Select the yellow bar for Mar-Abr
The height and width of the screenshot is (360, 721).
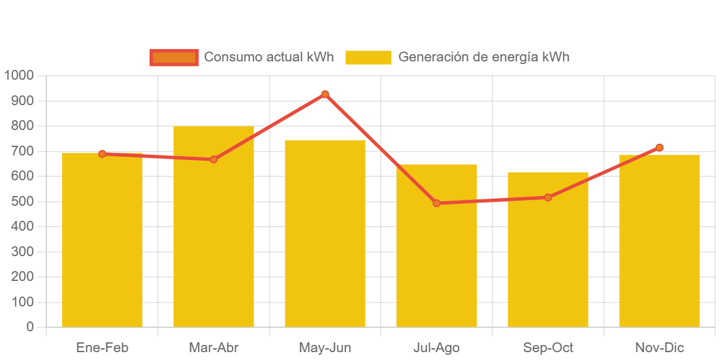coord(214,229)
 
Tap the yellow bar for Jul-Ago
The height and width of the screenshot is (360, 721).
coord(436,261)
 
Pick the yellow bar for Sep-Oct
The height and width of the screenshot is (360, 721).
coord(548,261)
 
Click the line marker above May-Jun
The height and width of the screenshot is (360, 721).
coord(325,95)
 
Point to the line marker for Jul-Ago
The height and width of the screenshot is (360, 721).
coord(436,203)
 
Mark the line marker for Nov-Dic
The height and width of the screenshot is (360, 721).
coord(660,148)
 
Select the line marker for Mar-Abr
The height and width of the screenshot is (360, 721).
coord(214,159)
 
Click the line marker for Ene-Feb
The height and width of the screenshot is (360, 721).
coord(102,154)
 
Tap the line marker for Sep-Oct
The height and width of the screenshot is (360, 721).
coord(548,197)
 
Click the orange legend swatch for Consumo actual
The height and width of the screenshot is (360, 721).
coord(174,57)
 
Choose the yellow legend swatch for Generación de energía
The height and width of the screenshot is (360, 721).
coord(368,57)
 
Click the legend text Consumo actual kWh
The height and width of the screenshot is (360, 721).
coord(269,57)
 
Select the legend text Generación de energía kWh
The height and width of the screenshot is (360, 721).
coord(484,57)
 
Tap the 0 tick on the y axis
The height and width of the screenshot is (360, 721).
coord(30,327)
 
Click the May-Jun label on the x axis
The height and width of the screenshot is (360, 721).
coord(325,348)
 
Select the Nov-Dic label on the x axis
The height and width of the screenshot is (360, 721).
coord(660,348)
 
